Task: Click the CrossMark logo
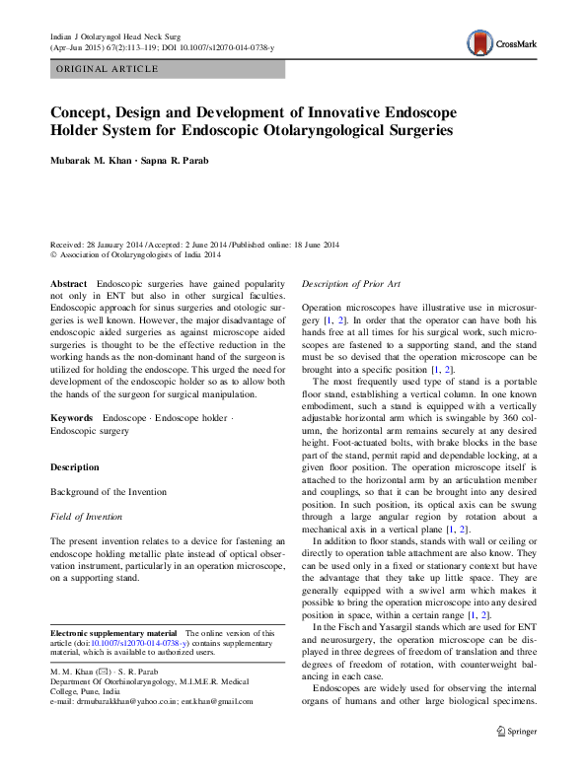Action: [x=500, y=41]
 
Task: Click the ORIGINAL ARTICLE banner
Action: [x=108, y=69]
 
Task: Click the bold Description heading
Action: [x=75, y=466]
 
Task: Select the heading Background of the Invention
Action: [x=109, y=491]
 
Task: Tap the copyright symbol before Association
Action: [x=54, y=254]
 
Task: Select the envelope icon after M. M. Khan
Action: [x=107, y=672]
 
